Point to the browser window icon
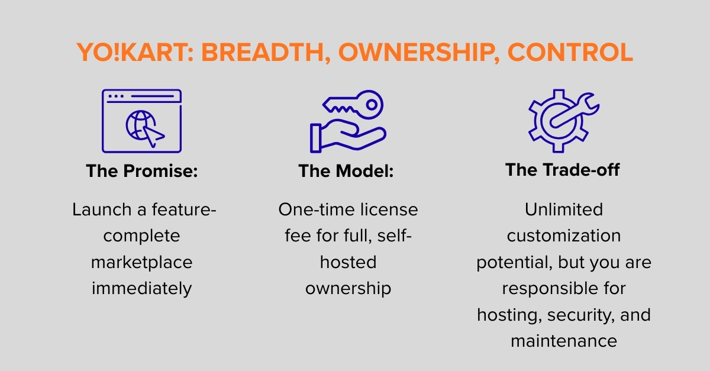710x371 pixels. click(141, 121)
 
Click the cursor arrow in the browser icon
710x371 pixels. click(154, 136)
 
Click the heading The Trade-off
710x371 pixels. click(563, 170)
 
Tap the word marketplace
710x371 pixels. click(141, 262)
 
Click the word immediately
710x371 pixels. click(141, 288)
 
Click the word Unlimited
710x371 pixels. click(563, 209)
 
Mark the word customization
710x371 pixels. click(563, 235)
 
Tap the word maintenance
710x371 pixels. click(563, 341)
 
